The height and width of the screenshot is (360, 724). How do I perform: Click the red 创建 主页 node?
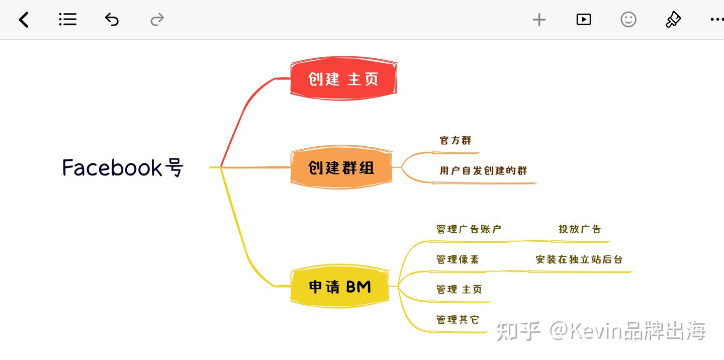pyautogui.click(x=343, y=79)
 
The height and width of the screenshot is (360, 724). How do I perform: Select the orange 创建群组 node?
pyautogui.click(x=341, y=167)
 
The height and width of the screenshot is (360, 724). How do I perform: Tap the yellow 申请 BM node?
pyautogui.click(x=340, y=287)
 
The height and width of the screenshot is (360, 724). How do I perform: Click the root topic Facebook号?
pyautogui.click(x=123, y=167)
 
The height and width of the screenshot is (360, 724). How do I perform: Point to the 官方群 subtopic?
pyautogui.click(x=456, y=141)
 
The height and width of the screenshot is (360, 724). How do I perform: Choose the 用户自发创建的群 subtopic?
pyautogui.click(x=483, y=171)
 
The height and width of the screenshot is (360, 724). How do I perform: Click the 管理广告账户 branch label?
pyautogui.click(x=469, y=229)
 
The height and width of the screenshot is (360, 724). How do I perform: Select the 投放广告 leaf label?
pyautogui.click(x=580, y=229)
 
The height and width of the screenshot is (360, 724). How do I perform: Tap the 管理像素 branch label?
pyautogui.click(x=458, y=259)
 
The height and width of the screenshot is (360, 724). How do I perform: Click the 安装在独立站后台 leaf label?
pyautogui.click(x=579, y=259)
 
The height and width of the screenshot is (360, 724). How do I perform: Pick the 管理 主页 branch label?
pyautogui.click(x=459, y=290)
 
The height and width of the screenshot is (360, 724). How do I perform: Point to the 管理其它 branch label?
pyautogui.click(x=458, y=320)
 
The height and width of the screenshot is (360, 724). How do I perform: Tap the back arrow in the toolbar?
pyautogui.click(x=24, y=20)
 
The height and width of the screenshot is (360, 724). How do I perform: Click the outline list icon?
pyautogui.click(x=67, y=20)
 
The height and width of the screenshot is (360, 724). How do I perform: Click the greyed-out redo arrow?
pyautogui.click(x=157, y=20)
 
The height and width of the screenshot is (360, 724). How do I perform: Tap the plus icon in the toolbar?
pyautogui.click(x=539, y=20)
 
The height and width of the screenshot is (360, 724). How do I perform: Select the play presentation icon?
pyautogui.click(x=583, y=20)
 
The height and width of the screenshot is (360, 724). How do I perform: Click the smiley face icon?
pyautogui.click(x=628, y=20)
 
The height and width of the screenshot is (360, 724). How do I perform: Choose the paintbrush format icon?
pyautogui.click(x=673, y=20)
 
